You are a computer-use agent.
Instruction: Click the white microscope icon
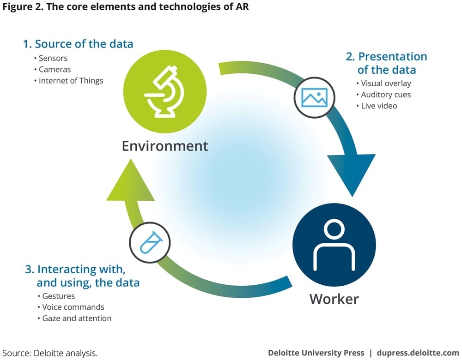tap(164, 91)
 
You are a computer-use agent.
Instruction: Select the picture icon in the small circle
tap(314, 98)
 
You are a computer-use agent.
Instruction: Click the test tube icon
tap(151, 242)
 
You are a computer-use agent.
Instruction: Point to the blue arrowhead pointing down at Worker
tap(352, 174)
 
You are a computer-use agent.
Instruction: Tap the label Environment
tap(165, 146)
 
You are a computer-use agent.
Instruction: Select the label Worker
tap(334, 299)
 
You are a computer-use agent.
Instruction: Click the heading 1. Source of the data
tap(78, 44)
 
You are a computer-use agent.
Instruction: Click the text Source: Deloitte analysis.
tap(50, 353)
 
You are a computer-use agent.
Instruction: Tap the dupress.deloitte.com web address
tap(418, 353)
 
